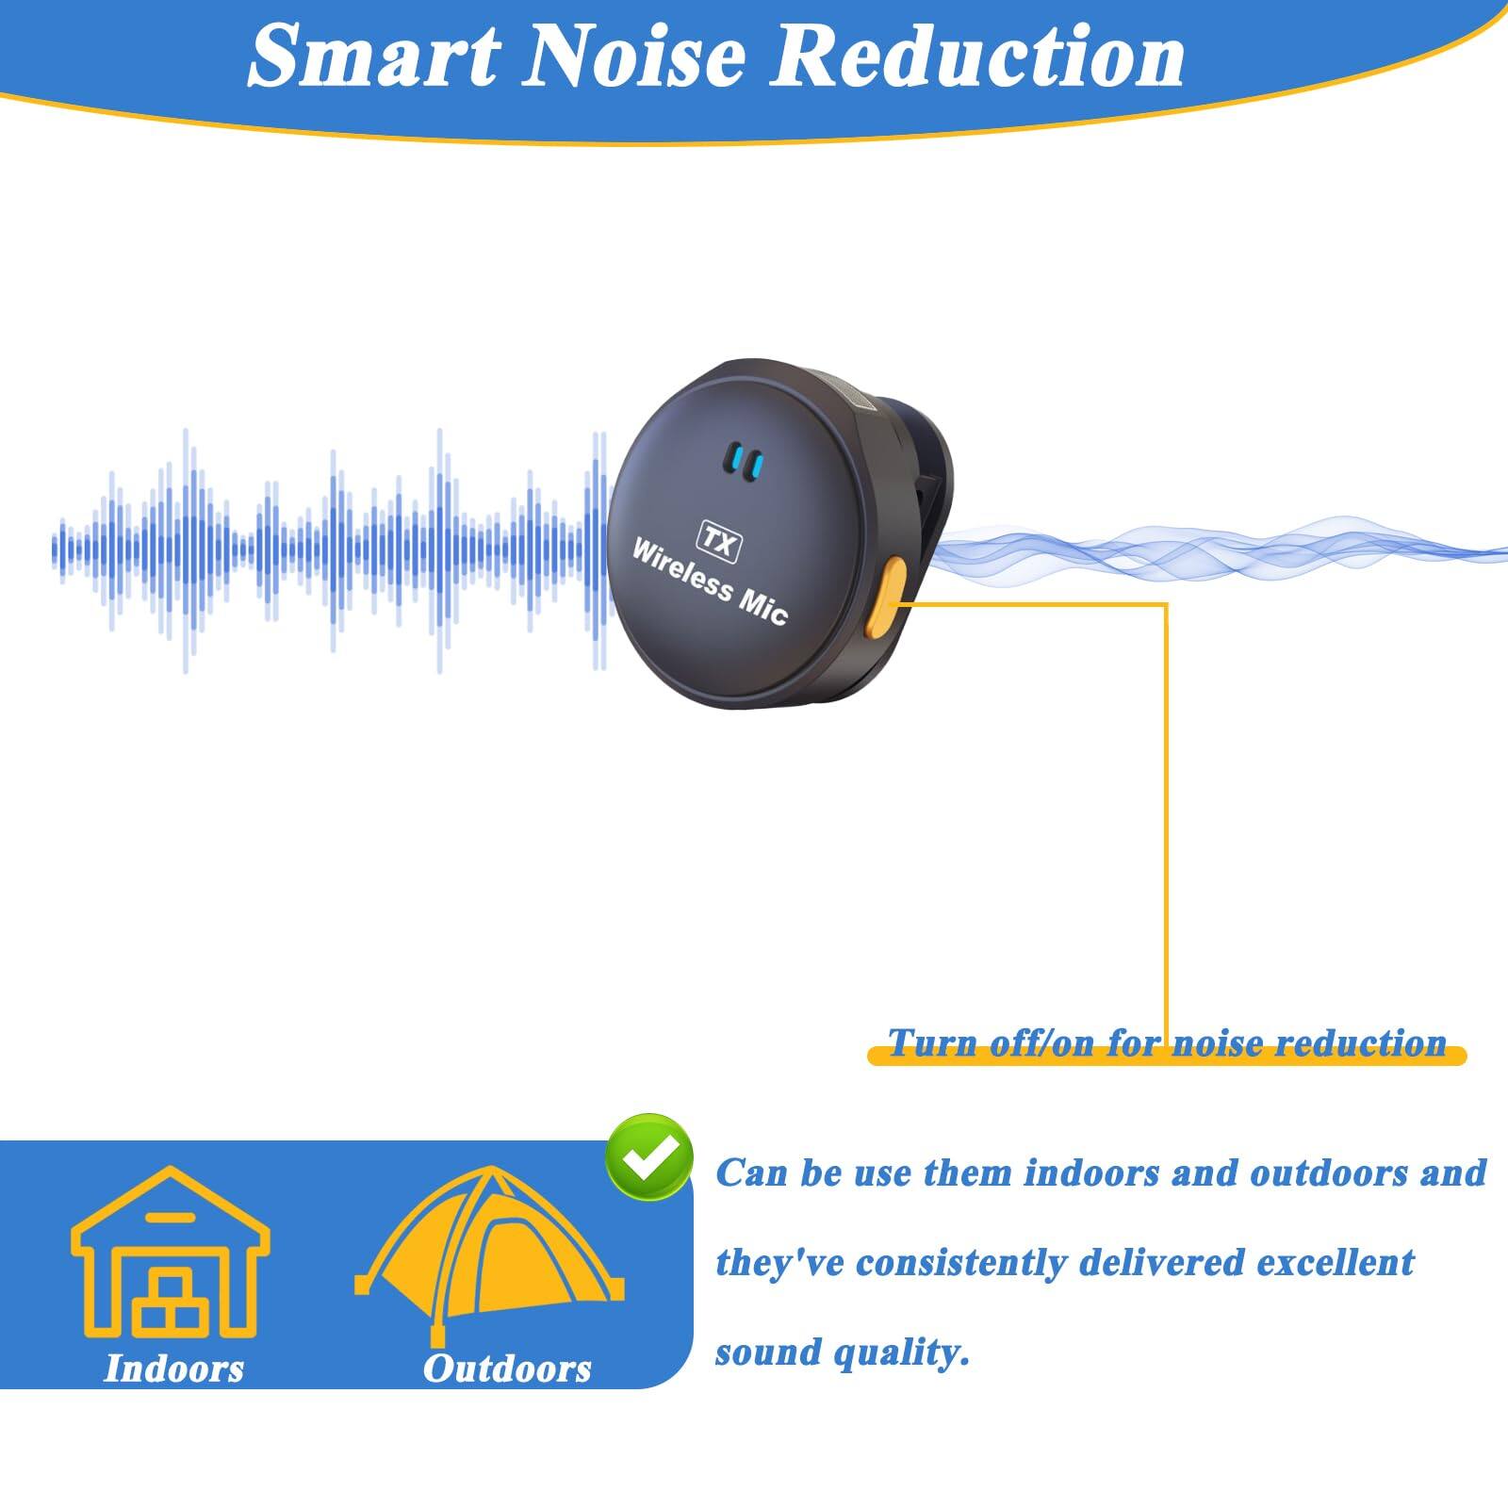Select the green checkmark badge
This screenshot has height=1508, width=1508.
(x=649, y=1158)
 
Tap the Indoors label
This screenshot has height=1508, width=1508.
(x=173, y=1369)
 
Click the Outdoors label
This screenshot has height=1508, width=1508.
(x=507, y=1369)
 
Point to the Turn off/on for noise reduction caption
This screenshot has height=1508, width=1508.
(x=1167, y=1043)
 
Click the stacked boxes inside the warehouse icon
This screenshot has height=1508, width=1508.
(x=171, y=1301)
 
